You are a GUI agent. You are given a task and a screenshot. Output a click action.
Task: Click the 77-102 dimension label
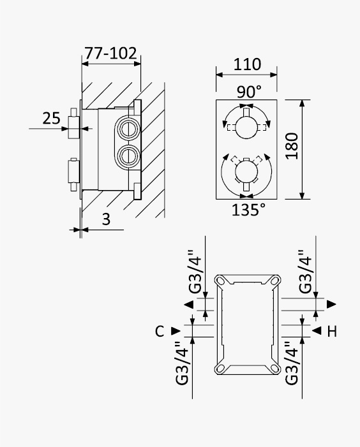coord(110,53)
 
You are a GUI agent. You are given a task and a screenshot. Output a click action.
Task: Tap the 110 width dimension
coord(247,64)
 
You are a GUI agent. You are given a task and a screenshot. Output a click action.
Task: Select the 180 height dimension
coord(292,146)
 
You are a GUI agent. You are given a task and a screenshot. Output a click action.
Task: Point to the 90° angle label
coord(249,92)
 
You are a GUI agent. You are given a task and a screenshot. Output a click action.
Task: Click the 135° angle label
coord(248,210)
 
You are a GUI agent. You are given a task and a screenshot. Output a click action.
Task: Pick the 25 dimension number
coord(52,118)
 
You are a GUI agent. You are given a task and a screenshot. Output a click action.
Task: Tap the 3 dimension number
coord(106,219)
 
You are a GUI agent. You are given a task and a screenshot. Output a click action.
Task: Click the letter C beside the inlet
coord(160,331)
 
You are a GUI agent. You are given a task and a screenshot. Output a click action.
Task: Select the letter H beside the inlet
coord(332,331)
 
